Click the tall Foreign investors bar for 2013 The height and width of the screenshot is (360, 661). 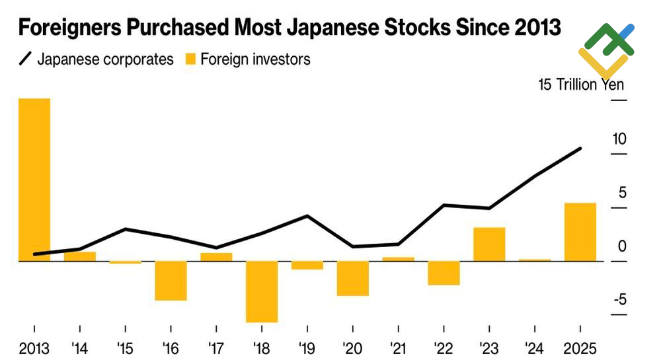(x=34, y=180)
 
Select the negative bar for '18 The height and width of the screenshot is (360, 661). (x=262, y=291)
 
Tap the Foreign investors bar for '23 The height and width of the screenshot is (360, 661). (x=489, y=244)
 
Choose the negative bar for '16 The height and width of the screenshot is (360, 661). (x=171, y=281)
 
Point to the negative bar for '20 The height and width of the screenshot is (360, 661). (x=352, y=278)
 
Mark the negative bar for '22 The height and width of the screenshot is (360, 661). (x=444, y=273)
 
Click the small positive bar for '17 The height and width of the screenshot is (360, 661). (x=216, y=257)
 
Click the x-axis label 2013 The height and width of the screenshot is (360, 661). (x=34, y=348)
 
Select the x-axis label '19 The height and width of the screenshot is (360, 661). (x=307, y=348)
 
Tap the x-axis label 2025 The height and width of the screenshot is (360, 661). (x=580, y=348)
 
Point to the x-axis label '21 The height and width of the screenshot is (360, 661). (x=398, y=348)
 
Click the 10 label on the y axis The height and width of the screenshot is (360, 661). (x=619, y=139)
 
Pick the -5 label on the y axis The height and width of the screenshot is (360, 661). (x=619, y=301)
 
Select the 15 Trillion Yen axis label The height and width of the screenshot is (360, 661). (x=580, y=85)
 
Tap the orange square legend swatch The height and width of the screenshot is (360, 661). (x=190, y=59)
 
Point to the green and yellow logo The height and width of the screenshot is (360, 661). (x=605, y=48)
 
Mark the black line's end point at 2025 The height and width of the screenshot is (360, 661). (x=580, y=148)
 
